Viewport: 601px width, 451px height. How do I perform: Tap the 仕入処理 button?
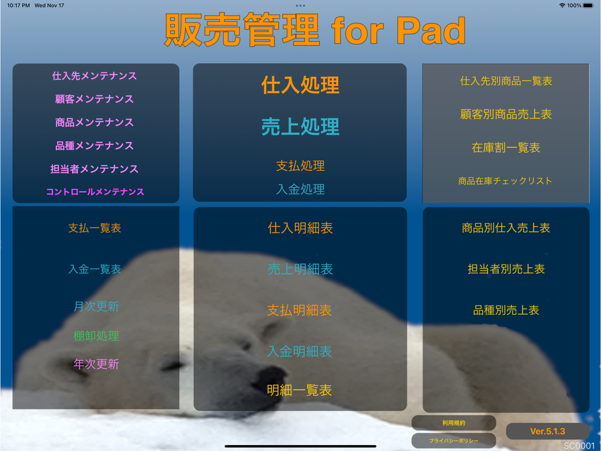[x=300, y=85]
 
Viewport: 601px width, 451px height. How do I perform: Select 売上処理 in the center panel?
[x=300, y=126]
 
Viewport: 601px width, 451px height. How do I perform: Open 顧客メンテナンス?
[x=94, y=99]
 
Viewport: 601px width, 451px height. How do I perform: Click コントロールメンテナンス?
[x=95, y=191]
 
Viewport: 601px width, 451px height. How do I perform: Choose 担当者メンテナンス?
[x=94, y=169]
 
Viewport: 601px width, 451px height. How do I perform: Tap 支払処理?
[x=300, y=166]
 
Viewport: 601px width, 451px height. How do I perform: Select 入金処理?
[x=300, y=189]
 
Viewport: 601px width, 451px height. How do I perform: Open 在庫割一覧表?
[x=506, y=147]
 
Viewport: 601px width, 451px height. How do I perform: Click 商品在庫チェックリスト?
[x=505, y=180]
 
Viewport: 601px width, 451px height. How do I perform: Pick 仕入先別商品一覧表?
[x=506, y=81]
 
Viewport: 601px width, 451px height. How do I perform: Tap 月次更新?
[x=96, y=306]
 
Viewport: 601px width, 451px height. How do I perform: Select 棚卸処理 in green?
[x=96, y=336]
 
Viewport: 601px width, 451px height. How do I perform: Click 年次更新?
[x=96, y=364]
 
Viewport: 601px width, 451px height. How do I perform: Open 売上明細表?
[x=300, y=269]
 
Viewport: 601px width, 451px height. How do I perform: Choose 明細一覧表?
[x=299, y=390]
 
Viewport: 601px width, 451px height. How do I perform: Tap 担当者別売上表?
[x=506, y=269]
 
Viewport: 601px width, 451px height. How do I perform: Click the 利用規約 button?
[x=454, y=423]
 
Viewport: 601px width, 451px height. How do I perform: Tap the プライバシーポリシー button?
[x=454, y=441]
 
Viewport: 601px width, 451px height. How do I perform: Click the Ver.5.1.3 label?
[x=548, y=431]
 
